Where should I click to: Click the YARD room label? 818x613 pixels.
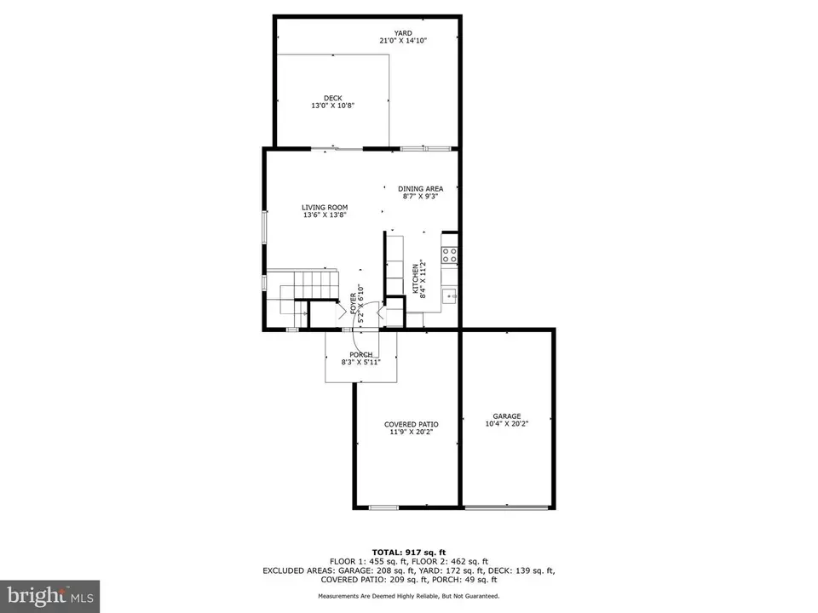[403, 33]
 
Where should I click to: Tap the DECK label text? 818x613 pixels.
[333, 98]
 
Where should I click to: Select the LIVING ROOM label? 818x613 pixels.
[325, 207]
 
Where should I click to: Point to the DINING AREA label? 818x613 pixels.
[420, 189]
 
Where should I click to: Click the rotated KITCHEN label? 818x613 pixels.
[416, 278]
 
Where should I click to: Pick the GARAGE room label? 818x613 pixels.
[506, 416]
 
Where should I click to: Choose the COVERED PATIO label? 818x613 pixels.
[411, 424]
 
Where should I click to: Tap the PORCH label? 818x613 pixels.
[361, 354]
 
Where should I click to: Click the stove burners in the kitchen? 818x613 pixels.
[450, 255]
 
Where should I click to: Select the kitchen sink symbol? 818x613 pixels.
[450, 296]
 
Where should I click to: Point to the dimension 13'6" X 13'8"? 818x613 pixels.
[325, 215]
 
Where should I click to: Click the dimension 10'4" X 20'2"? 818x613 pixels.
[506, 424]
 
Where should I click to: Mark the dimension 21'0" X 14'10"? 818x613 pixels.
[403, 40]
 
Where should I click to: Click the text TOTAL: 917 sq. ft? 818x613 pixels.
[409, 552]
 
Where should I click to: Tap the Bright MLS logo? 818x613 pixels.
[50, 595]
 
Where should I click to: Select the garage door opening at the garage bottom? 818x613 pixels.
[506, 506]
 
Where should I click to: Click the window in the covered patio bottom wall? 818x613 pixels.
[383, 507]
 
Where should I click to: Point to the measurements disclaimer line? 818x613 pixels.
[409, 596]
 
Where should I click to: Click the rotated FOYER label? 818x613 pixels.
[353, 303]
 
